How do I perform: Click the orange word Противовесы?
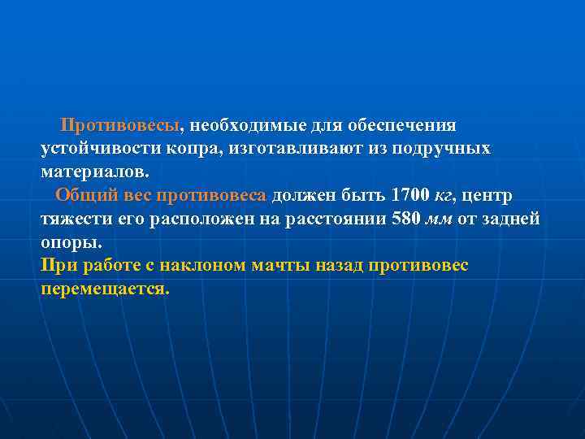tap(122, 127)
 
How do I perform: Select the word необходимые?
tap(244, 127)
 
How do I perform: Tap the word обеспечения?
tap(402, 127)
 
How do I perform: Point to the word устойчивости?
tap(97, 150)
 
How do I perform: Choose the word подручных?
tap(442, 150)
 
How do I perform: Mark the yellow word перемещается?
tap(105, 289)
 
